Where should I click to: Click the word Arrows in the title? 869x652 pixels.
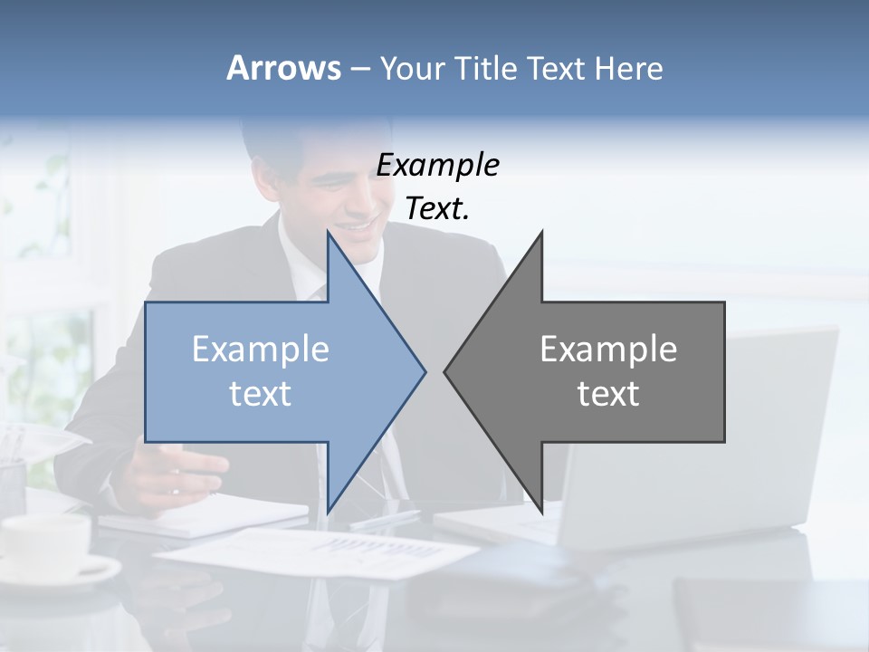[283, 68]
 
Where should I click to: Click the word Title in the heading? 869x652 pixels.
[485, 69]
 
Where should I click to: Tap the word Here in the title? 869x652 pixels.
[629, 69]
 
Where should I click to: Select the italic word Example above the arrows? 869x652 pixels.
[437, 165]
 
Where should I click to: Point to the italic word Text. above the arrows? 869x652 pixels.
[437, 208]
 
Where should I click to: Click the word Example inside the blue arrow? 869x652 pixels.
[261, 349]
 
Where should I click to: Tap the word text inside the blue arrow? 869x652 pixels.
[261, 394]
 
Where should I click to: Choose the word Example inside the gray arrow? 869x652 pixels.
[608, 349]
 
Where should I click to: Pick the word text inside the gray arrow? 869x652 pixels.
[608, 394]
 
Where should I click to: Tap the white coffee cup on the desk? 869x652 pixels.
[45, 543]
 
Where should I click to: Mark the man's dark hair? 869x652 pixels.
[290, 136]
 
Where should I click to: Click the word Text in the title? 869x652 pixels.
[556, 69]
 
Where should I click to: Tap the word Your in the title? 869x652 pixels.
[412, 69]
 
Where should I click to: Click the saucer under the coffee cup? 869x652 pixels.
[81, 571]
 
